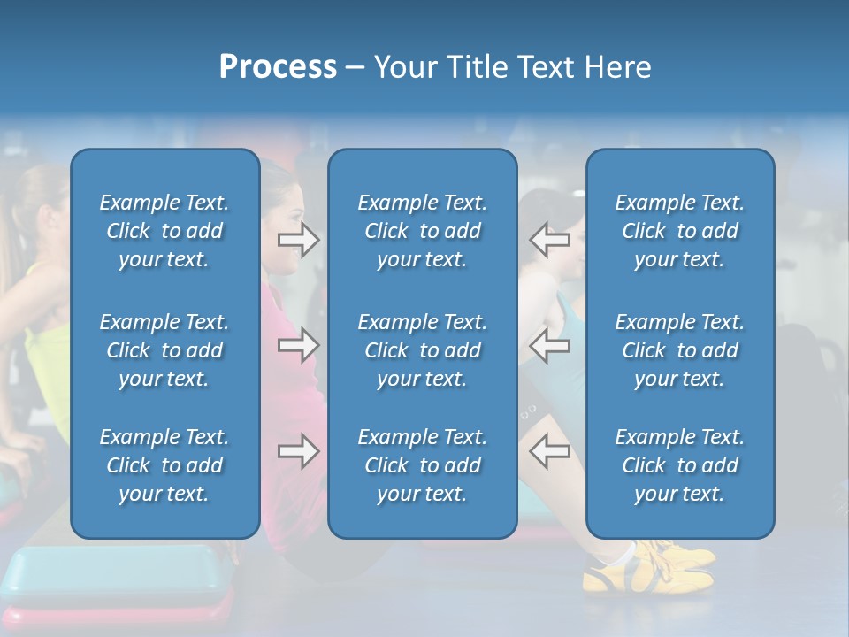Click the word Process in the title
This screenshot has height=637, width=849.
click(x=278, y=67)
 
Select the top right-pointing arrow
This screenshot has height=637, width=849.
click(x=299, y=240)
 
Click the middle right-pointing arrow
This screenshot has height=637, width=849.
click(x=299, y=345)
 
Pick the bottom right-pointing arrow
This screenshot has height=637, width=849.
click(x=299, y=451)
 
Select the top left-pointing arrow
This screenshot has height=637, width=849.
click(x=549, y=240)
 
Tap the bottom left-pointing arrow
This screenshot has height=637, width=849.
click(x=549, y=451)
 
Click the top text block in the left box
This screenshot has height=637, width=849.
click(x=164, y=231)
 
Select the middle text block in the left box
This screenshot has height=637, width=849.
click(x=164, y=350)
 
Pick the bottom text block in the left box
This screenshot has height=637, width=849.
click(x=164, y=465)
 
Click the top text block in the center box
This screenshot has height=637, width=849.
click(x=423, y=231)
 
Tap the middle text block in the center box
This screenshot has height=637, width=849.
click(x=423, y=350)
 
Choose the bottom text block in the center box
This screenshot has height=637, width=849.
click(x=423, y=465)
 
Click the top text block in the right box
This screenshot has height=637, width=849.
click(x=680, y=231)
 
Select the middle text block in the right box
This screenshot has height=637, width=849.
click(x=680, y=350)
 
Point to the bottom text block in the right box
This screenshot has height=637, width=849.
click(x=680, y=465)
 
